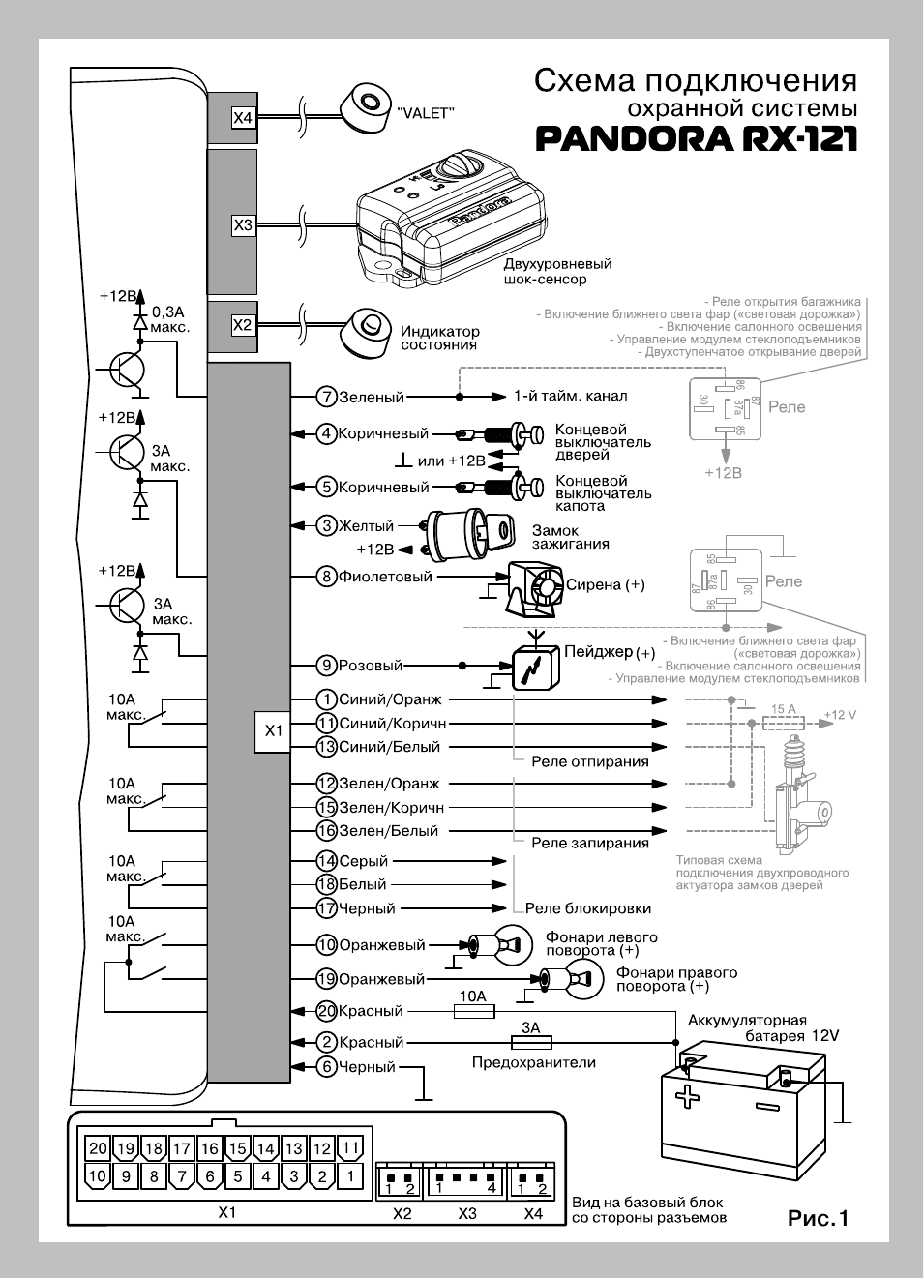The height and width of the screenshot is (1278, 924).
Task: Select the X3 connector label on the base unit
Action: click(243, 225)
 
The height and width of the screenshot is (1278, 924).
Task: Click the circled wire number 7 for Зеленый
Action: click(327, 397)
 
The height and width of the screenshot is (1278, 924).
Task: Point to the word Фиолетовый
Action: click(385, 577)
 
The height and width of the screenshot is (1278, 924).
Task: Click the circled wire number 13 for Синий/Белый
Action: click(327, 747)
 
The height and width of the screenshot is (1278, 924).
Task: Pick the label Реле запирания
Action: click(589, 843)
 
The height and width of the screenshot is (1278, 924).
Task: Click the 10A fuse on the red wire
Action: click(474, 1011)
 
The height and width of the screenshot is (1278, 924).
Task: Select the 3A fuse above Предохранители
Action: click(530, 1043)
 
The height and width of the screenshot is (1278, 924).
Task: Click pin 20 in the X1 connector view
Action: click(98, 1148)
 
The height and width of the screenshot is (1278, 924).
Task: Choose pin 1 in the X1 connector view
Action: click(349, 1176)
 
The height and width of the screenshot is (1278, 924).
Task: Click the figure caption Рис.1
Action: click(818, 1218)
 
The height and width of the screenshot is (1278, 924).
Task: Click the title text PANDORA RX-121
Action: click(697, 138)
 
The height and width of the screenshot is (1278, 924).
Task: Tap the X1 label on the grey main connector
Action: click(274, 730)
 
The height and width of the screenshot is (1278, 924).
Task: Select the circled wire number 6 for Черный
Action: click(327, 1067)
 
